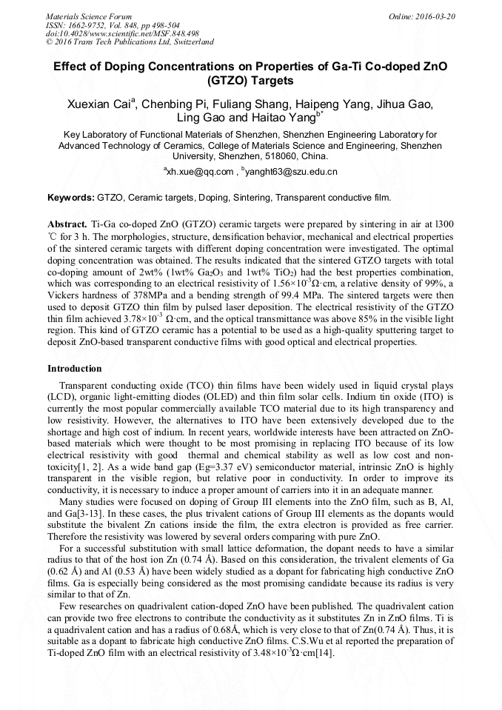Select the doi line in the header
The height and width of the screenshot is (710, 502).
coord(122,33)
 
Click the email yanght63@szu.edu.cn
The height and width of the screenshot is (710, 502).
coord(290,172)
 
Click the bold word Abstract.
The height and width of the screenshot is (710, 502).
coord(67,223)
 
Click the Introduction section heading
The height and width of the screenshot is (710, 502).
coord(75,369)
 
